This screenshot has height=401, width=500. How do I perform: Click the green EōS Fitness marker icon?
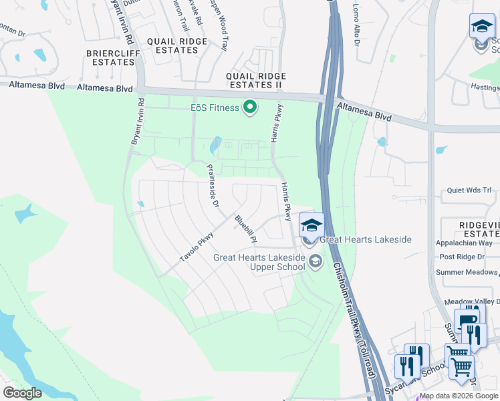pos(251,107)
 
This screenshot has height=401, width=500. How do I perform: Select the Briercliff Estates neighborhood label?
pos(110,57)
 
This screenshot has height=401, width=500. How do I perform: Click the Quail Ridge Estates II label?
pos(256,80)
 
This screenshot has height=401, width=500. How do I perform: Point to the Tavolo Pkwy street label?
pos(197,247)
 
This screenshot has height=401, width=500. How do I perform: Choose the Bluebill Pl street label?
pos(245,228)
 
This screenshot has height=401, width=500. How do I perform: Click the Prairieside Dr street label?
pos(213,186)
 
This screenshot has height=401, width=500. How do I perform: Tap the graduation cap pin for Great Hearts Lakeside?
pos(311,224)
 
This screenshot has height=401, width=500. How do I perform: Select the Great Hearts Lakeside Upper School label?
pos(259,262)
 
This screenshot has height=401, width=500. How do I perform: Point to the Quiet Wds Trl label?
pos(468,190)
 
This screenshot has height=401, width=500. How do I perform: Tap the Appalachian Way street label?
pos(464,243)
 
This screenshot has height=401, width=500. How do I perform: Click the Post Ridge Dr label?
pos(465,257)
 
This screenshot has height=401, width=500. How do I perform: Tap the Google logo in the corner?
pos(22,393)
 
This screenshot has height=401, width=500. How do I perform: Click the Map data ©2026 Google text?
pos(459,396)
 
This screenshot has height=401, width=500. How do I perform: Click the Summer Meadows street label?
pos(467,272)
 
